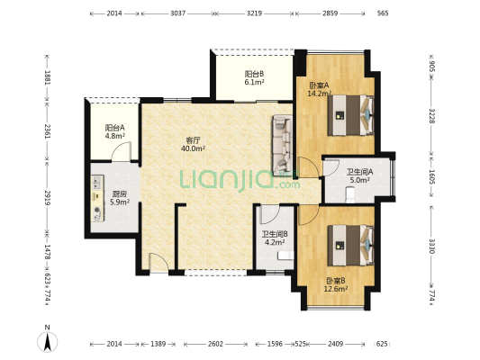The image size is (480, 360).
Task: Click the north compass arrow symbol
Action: pos(47,341)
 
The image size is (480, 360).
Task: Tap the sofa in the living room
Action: pos(282,143)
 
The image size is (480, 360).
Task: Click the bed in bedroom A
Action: pos(351,115)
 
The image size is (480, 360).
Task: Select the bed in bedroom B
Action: pos(351,246)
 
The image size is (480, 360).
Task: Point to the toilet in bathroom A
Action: pos(350,195)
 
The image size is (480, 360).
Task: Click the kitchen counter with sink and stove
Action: pos(97,198)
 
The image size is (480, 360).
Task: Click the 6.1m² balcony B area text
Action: pos(254,82)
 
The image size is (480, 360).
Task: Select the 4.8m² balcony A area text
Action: pos(114,136)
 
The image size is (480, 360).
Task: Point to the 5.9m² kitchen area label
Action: pos(120,202)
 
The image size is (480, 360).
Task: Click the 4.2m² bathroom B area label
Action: pos(275,242)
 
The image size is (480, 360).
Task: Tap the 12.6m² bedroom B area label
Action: pos(336,289)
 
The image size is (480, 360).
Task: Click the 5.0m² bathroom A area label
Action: pos(359,180)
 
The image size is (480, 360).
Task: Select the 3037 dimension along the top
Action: pos(177,13)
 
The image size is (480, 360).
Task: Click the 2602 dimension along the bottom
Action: pos(215,344)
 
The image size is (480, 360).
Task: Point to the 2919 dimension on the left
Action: pos(47,198)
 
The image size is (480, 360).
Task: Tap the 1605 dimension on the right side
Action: pos(431,177)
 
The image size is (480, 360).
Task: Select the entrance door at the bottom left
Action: pos(158,263)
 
